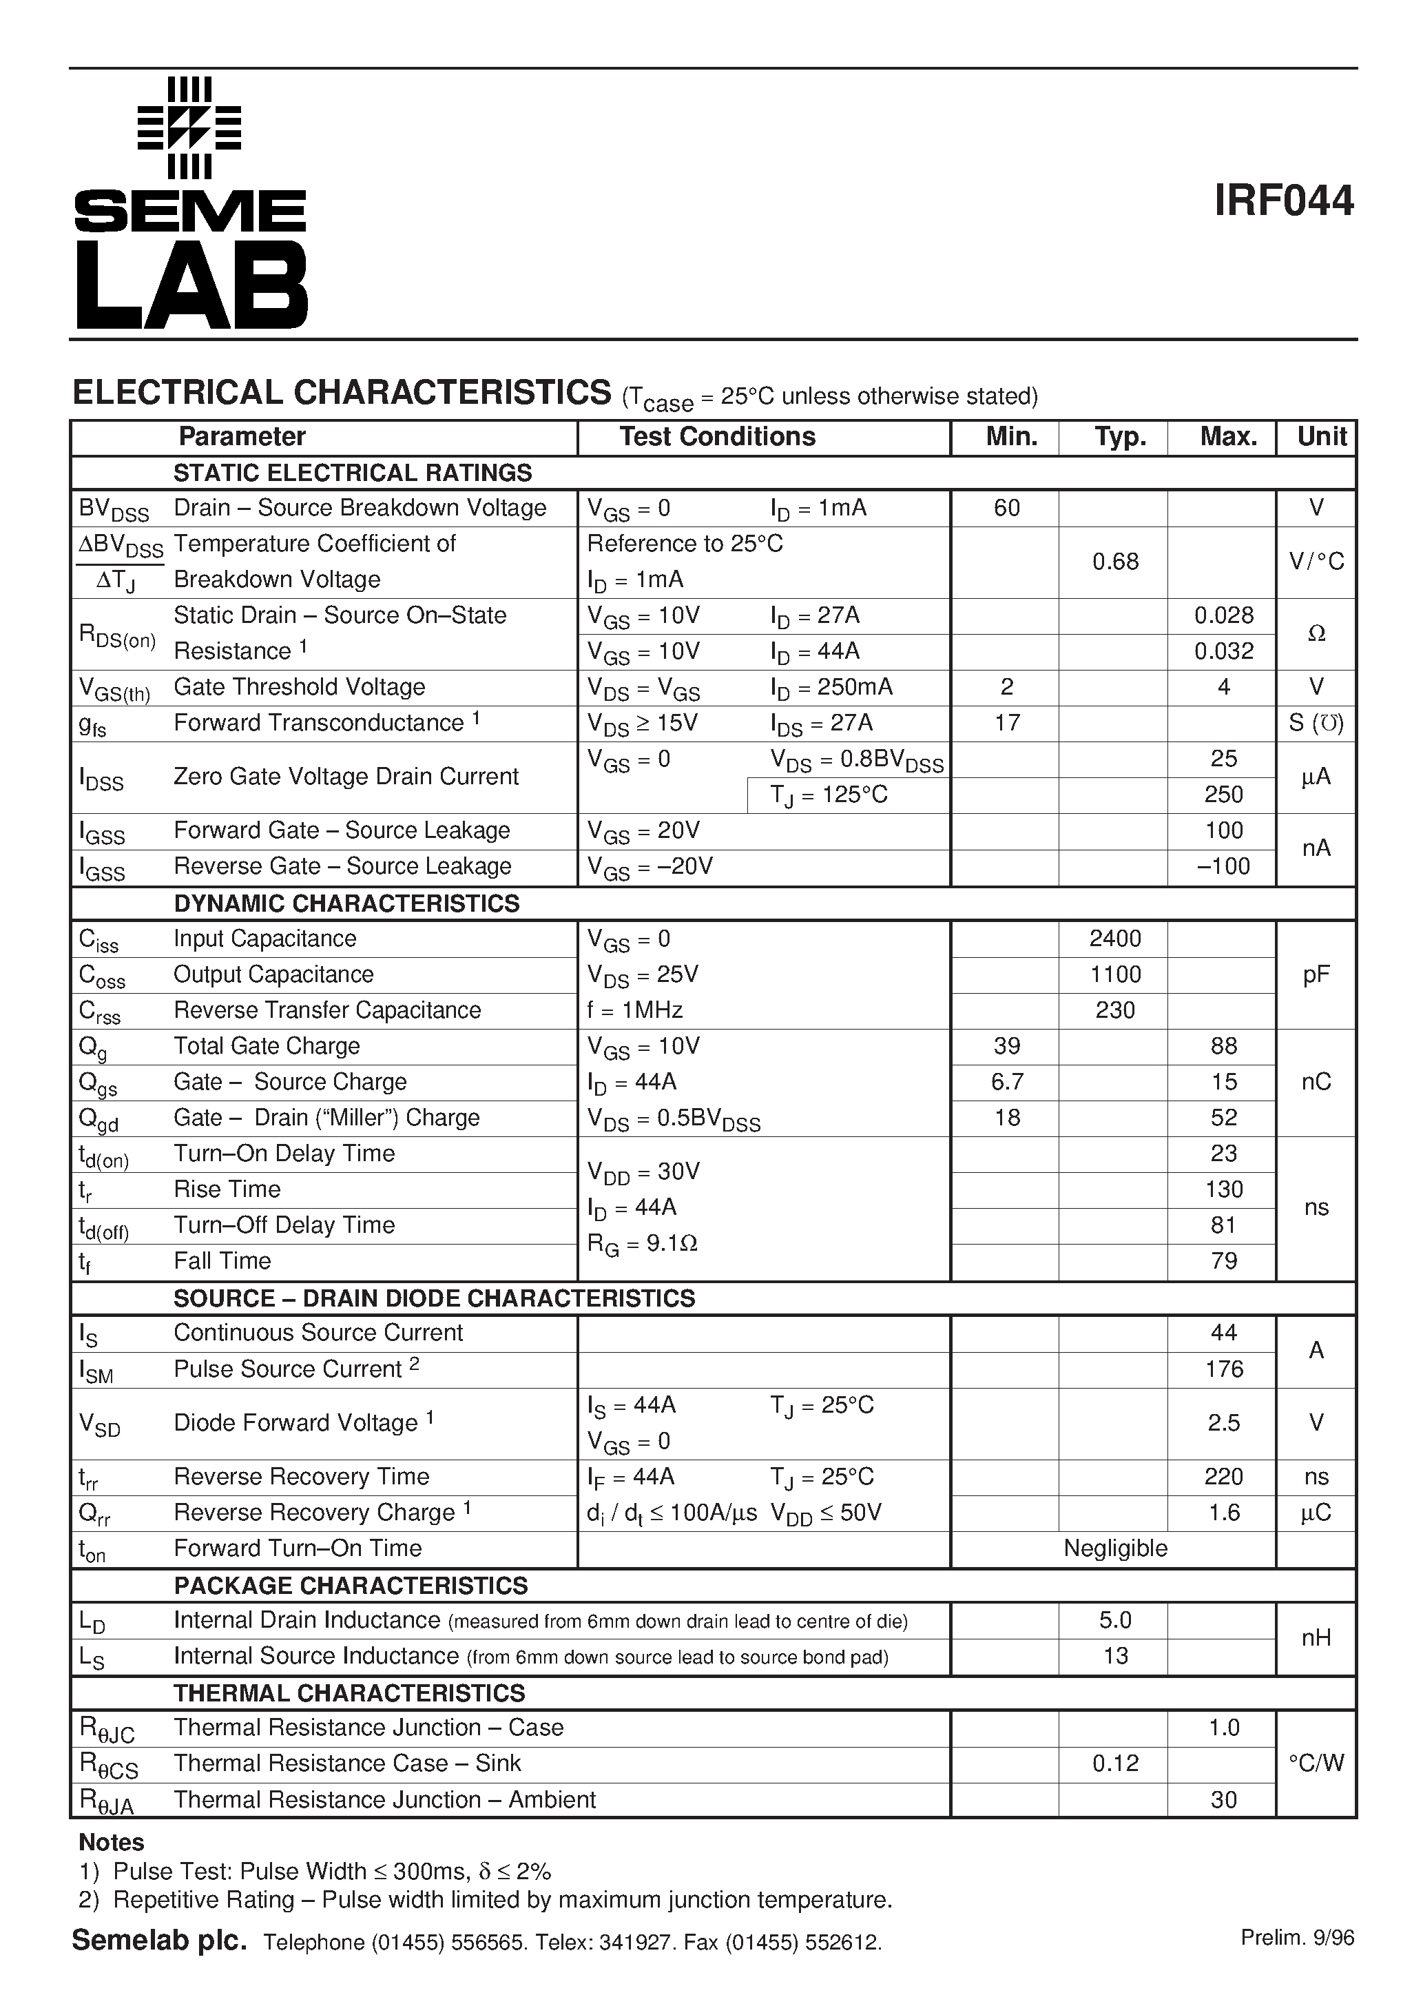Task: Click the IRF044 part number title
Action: [x=1283, y=201]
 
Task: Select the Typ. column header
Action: [x=1121, y=437]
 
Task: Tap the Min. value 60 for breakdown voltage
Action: [x=1006, y=508]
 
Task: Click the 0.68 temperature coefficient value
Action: [x=1115, y=562]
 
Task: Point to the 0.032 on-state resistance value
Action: [x=1223, y=651]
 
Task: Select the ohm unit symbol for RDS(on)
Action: [x=1316, y=633]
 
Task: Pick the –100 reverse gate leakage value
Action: [x=1223, y=866]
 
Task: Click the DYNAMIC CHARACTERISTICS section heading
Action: [x=346, y=903]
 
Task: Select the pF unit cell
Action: [x=1316, y=974]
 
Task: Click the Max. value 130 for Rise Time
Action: [x=1223, y=1189]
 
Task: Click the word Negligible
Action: [x=1115, y=1548]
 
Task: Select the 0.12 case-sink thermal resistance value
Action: [x=1115, y=1763]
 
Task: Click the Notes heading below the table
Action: [x=112, y=1842]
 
